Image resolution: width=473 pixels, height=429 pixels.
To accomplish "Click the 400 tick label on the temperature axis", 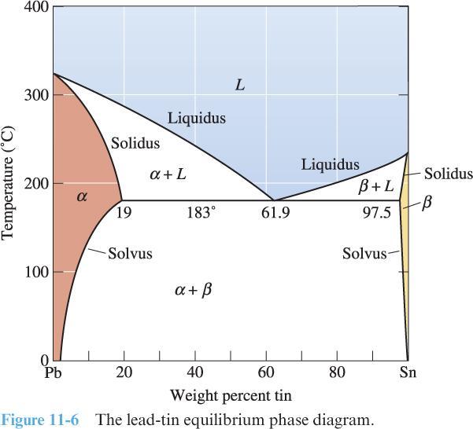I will point(37,8).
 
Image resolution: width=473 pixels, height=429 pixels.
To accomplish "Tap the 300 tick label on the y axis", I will point(37,95).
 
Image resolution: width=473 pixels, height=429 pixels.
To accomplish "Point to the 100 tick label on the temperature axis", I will point(37,272).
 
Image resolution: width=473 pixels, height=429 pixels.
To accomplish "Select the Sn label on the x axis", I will point(408,373).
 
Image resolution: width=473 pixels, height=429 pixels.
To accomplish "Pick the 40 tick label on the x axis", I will point(195,373).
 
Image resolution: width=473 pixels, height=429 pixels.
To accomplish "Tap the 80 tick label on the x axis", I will point(337,373).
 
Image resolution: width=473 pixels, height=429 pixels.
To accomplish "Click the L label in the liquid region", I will point(240,84).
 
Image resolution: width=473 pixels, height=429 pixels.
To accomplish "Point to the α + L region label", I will point(168,174).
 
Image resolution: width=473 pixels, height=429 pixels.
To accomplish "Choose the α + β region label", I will point(194,290).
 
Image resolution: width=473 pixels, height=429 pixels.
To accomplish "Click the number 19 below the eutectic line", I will point(123,212).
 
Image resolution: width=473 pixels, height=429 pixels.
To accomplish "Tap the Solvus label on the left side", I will point(130,254).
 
